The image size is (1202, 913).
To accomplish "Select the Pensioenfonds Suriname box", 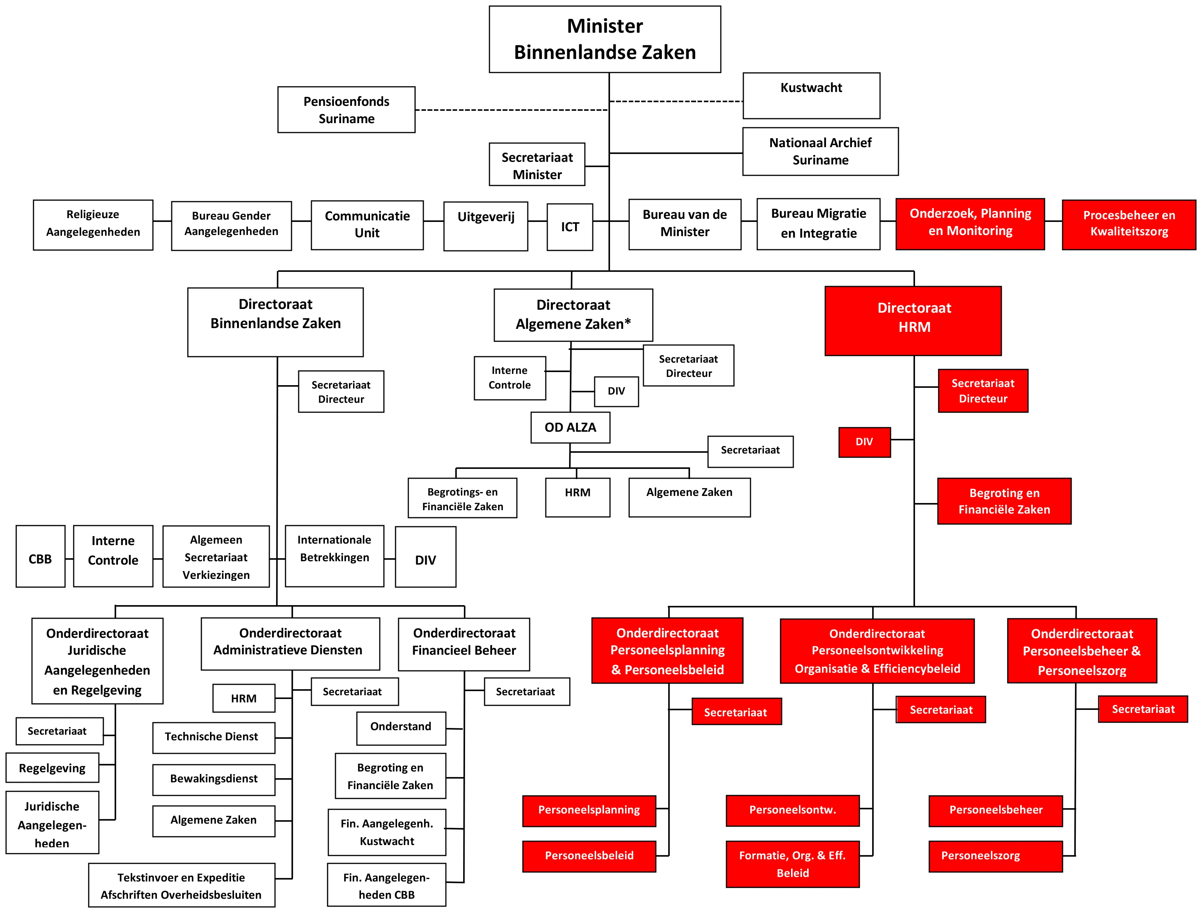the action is [346, 109].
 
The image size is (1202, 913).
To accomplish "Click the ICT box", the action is [570, 227].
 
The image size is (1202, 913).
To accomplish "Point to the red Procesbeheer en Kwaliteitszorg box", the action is [1129, 224].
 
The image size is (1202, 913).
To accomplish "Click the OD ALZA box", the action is [570, 427].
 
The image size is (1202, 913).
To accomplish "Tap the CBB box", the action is [40, 556].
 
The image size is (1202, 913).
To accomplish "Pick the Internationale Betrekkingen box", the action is [334, 556].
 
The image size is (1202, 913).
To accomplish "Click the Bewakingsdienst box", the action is [214, 779].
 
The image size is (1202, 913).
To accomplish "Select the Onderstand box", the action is [401, 728].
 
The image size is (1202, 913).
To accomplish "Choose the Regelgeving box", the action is [52, 767].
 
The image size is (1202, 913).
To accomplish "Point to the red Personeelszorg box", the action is [995, 856].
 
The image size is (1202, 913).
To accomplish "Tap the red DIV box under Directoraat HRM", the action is [864, 442].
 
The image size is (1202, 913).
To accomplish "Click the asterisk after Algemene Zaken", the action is [628, 321].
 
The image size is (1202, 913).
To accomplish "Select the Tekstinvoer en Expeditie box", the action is [181, 885].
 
